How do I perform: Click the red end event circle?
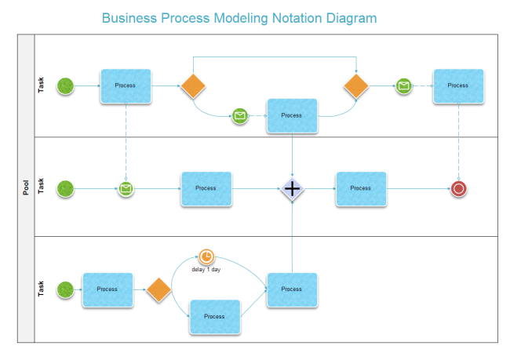click(x=459, y=188)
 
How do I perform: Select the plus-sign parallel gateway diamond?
click(x=292, y=188)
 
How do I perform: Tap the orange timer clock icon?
click(x=206, y=256)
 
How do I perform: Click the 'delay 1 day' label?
click(x=206, y=269)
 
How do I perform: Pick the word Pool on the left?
click(x=26, y=187)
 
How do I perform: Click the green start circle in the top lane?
click(x=66, y=85)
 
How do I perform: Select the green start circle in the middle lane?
click(x=66, y=188)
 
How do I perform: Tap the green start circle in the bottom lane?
click(x=66, y=289)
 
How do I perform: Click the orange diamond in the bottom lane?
click(x=158, y=289)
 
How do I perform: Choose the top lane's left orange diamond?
click(x=193, y=85)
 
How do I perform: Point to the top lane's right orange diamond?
click(x=355, y=85)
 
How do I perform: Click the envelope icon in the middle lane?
click(x=126, y=188)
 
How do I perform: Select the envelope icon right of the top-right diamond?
click(x=403, y=85)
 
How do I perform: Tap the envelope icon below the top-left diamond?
click(x=240, y=116)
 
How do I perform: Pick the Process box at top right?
click(x=457, y=85)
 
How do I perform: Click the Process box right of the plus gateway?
click(x=360, y=188)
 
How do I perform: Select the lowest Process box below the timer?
click(x=214, y=316)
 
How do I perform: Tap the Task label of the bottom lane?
click(x=42, y=289)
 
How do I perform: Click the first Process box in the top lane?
click(x=125, y=85)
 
